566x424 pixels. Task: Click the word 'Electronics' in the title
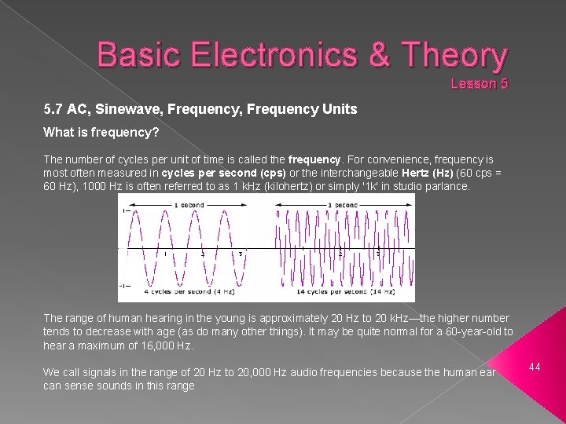(x=259, y=56)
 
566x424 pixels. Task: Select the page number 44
(x=535, y=367)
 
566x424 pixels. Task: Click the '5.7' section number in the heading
(x=53, y=110)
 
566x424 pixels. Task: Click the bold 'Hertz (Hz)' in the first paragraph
(x=427, y=173)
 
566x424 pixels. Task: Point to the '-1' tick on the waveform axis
(x=123, y=284)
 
